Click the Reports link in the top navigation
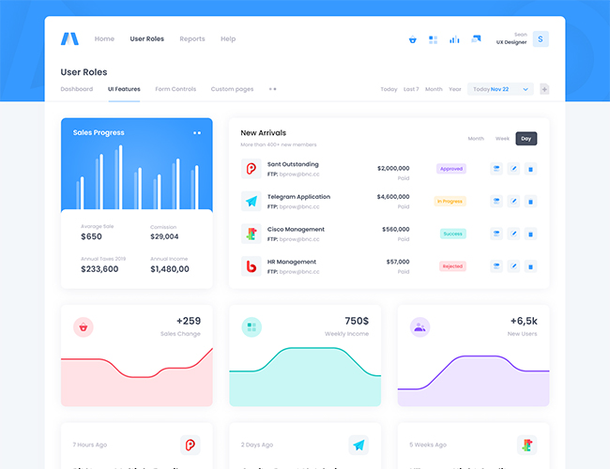pos(192,39)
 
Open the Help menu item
pos(228,39)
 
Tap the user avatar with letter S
pos(541,39)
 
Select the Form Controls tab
pos(175,89)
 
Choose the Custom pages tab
pos(232,89)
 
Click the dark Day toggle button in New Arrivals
pos(526,139)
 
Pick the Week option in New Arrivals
pos(502,139)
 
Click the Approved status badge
pos(451,169)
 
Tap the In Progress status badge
pos(450,201)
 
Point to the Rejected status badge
pos(452,266)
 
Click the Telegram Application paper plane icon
pos(251,202)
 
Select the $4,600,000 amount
pos(393,197)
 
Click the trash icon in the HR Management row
pos(530,266)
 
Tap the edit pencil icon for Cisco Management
pos(513,234)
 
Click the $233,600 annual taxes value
pos(99,269)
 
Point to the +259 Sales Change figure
pos(188,321)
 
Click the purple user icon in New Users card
pos(419,327)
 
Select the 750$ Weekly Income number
pos(357,321)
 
